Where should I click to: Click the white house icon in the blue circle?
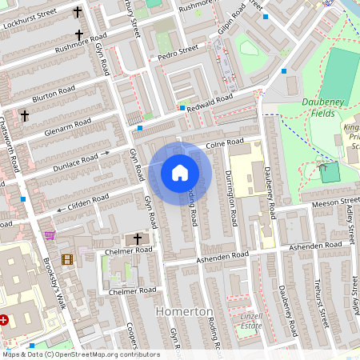[180, 173]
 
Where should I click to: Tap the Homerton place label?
[184, 311]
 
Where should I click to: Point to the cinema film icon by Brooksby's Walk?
[67, 258]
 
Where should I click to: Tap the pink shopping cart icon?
[50, 235]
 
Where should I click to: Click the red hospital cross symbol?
[5, 320]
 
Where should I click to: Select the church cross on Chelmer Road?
[137, 238]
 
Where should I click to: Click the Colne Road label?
[224, 144]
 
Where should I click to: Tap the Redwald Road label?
[211, 100]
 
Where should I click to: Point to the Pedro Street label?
[177, 50]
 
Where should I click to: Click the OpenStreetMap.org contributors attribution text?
[91, 354]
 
